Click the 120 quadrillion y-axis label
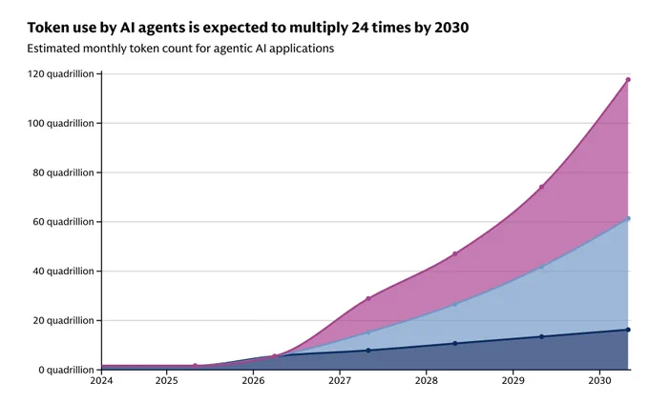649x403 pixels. pyautogui.click(x=60, y=74)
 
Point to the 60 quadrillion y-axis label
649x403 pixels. pyautogui.click(x=63, y=222)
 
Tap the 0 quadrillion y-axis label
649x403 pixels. pyautogui.click(x=66, y=370)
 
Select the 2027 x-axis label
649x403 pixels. pyautogui.click(x=340, y=381)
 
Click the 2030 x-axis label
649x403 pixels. pyautogui.click(x=599, y=381)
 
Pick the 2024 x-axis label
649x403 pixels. pyautogui.click(x=101, y=381)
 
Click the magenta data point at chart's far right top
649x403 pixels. pyautogui.click(x=628, y=80)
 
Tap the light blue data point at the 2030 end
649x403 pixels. pyautogui.click(x=628, y=218)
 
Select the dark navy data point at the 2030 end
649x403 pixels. pyautogui.click(x=628, y=330)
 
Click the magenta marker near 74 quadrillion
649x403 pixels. pyautogui.click(x=541, y=187)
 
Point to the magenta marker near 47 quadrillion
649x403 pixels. pyautogui.click(x=455, y=253)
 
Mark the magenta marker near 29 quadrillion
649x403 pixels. pyautogui.click(x=368, y=298)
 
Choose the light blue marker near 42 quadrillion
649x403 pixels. pyautogui.click(x=541, y=267)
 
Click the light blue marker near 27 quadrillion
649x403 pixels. pyautogui.click(x=455, y=304)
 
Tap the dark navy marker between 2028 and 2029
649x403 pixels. pyautogui.click(x=455, y=344)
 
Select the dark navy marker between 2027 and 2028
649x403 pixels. pyautogui.click(x=368, y=351)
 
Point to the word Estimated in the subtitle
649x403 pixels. pyautogui.click(x=53, y=49)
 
